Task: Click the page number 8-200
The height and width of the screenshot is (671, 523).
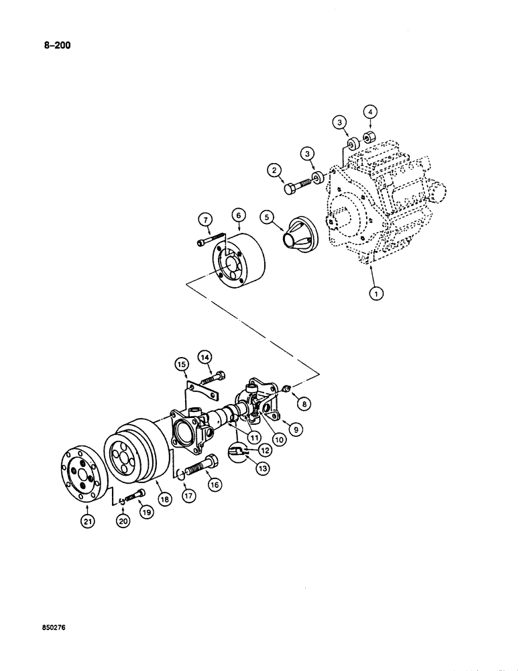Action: click(50, 46)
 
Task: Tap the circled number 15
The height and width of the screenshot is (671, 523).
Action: click(180, 365)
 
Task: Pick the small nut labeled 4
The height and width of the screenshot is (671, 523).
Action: click(368, 138)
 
